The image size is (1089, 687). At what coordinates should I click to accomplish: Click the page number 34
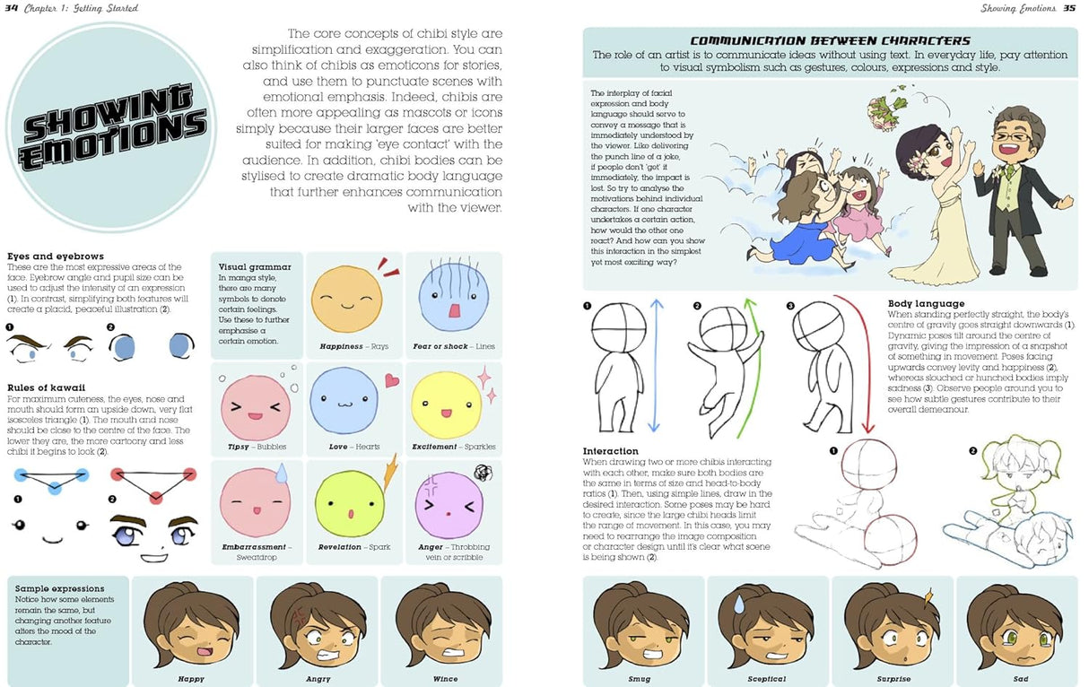click(x=11, y=9)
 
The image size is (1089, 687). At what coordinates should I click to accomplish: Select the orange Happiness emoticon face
click(x=346, y=302)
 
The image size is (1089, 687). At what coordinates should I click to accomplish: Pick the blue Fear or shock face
click(x=445, y=302)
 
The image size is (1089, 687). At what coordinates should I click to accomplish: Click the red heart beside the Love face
click(x=391, y=380)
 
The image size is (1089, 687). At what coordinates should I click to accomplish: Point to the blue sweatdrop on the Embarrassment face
click(x=283, y=473)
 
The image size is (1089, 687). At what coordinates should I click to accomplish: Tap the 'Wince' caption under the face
click(x=445, y=679)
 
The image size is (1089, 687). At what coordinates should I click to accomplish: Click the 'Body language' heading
click(x=926, y=304)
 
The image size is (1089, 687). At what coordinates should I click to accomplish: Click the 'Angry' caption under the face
click(x=318, y=679)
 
